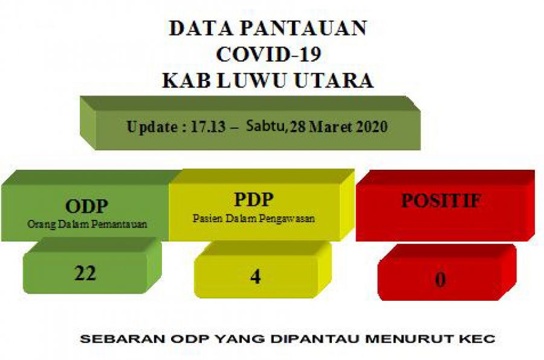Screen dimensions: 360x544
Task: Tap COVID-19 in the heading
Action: pos(268,54)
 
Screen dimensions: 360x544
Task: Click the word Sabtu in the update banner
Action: pos(266,128)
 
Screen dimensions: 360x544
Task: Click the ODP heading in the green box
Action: pos(86,207)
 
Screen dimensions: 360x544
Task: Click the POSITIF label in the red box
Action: pos(441,201)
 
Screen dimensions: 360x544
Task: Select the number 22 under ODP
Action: pos(86,273)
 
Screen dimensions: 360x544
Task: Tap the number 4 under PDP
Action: pos(255,276)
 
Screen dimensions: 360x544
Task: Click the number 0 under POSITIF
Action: pos(441,280)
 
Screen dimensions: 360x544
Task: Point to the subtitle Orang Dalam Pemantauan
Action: pos(87,224)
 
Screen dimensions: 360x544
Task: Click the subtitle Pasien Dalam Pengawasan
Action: pos(253,219)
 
